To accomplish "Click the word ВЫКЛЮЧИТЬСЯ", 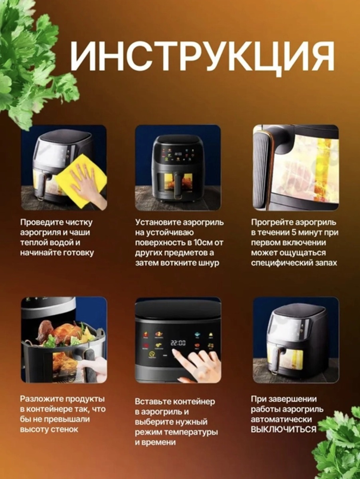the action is point(283,430).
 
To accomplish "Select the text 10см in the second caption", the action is point(200,243).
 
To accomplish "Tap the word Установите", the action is point(158,223).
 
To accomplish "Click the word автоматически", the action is point(281,420).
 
